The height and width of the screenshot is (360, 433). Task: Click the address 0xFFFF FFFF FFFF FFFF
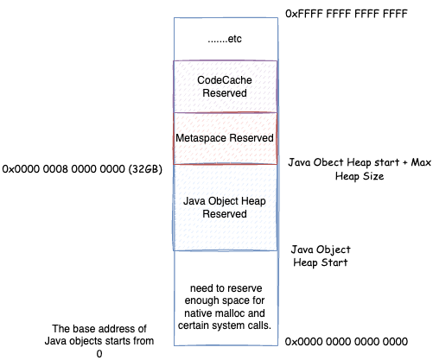click(x=347, y=14)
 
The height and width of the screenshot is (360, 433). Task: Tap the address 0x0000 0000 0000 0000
click(x=347, y=342)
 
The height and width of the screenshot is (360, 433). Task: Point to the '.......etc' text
click(x=225, y=39)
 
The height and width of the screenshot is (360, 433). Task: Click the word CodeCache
click(x=225, y=80)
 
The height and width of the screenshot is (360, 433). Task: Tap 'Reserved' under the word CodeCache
click(x=225, y=93)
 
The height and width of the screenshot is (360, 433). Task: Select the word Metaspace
click(x=201, y=138)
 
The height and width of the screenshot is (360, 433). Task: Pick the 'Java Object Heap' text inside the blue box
click(x=225, y=201)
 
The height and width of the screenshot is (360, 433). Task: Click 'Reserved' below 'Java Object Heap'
click(x=225, y=214)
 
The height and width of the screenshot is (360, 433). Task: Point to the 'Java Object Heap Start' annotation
click(x=321, y=256)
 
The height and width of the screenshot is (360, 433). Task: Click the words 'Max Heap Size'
click(x=383, y=169)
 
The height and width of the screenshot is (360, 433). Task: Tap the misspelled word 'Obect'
click(x=328, y=162)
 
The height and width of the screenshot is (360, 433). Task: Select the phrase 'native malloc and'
click(x=225, y=313)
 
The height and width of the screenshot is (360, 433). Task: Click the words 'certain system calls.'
click(x=225, y=325)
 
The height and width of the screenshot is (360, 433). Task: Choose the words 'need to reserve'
click(x=226, y=288)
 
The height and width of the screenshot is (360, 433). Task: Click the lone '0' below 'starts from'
click(x=99, y=354)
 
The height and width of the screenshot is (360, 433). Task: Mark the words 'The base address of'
click(x=99, y=329)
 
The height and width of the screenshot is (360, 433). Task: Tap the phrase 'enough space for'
click(x=225, y=300)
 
